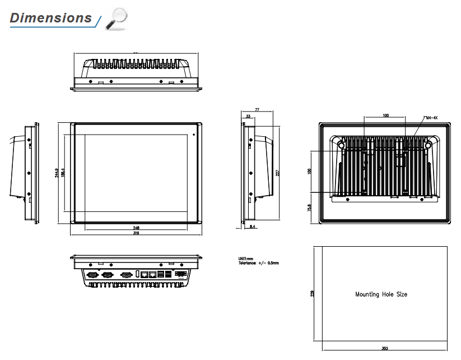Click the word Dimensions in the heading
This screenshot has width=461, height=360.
50,18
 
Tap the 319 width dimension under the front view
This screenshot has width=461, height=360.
136,234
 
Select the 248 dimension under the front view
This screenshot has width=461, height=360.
136,228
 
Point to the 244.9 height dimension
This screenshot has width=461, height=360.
57,173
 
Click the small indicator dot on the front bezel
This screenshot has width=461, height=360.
194,134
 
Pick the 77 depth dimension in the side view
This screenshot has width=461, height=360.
257,110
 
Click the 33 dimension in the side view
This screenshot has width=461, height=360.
248,117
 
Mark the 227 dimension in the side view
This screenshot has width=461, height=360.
278,173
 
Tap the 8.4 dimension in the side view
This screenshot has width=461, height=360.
253,227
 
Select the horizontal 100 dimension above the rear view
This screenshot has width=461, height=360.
385,115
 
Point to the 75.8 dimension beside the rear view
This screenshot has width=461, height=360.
310,209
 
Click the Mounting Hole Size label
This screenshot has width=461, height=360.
381,294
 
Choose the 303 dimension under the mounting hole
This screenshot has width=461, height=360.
384,349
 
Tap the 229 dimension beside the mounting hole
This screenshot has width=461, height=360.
311,293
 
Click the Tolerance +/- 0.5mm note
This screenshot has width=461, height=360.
258,262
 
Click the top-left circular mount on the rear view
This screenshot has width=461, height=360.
341,145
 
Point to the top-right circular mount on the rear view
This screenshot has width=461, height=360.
428,145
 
